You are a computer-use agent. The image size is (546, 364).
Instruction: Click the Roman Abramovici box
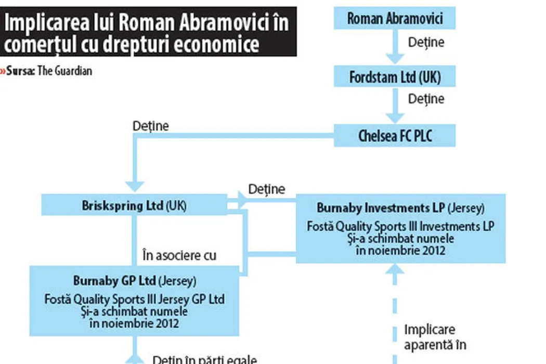click(395, 19)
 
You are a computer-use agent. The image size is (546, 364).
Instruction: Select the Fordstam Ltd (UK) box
click(395, 77)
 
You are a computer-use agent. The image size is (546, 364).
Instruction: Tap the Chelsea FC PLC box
click(395, 136)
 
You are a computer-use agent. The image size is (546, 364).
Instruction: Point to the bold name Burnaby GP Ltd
click(114, 281)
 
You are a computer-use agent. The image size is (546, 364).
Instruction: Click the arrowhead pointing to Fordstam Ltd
click(395, 59)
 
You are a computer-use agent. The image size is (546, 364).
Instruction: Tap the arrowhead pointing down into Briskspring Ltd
click(135, 186)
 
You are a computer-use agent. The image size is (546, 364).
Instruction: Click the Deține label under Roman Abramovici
click(426, 42)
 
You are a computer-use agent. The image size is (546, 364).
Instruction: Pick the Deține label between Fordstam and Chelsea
click(426, 99)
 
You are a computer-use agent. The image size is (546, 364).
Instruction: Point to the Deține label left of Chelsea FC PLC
click(151, 126)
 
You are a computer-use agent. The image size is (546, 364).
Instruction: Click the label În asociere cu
click(179, 255)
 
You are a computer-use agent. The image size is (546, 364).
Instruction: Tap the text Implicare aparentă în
click(435, 337)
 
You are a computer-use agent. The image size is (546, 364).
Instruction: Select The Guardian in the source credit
click(64, 71)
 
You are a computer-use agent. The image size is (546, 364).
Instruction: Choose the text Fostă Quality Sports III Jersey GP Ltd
click(134, 300)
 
